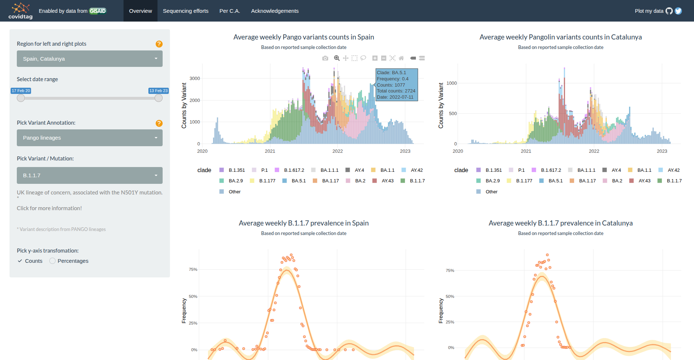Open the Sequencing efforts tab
pos(185,11)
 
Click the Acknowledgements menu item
pos(274,11)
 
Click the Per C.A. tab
pos(230,11)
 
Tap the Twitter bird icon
pos(678,11)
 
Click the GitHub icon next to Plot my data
pos(669,11)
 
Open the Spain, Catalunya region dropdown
pos(90,59)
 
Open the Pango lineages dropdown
pos(90,138)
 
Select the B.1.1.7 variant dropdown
pos(90,175)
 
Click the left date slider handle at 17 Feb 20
pos(21,98)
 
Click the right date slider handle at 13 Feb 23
pos(158,98)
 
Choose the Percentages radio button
pos(53,261)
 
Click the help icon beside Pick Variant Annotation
pos(159,123)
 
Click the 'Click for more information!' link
pos(49,208)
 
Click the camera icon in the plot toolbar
pos(325,58)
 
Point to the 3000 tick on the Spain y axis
pos(195,79)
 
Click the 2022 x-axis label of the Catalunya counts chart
pos(594,151)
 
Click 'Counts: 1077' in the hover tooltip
pos(391,85)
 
